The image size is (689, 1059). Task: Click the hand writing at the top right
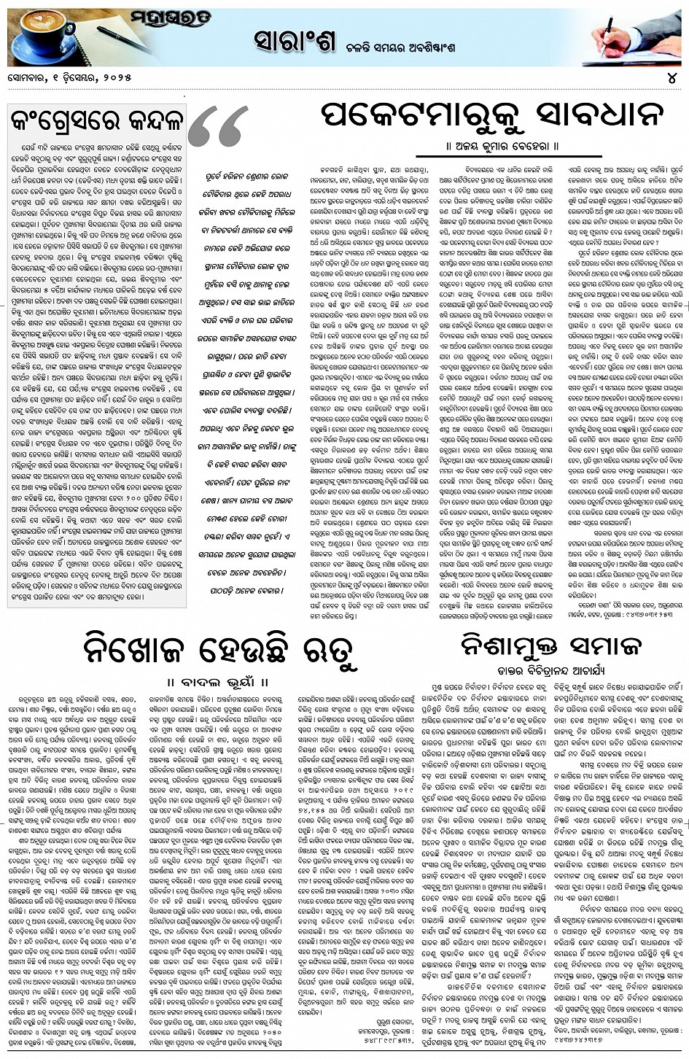[x=627, y=33]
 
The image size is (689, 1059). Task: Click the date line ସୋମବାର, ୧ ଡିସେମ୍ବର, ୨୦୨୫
[x=70, y=77]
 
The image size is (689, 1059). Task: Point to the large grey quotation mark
[x=218, y=128]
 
